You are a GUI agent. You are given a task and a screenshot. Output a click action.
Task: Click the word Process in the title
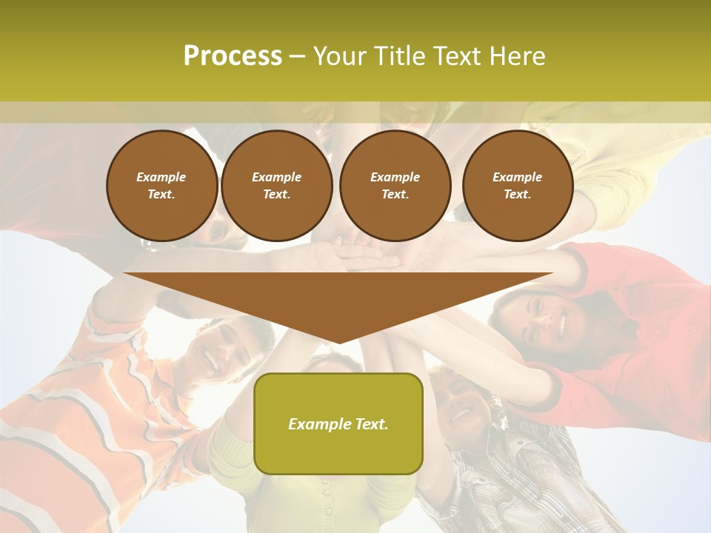click(233, 56)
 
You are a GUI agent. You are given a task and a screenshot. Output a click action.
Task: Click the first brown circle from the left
click(161, 186)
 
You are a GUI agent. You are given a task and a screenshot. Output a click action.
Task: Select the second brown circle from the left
click(276, 186)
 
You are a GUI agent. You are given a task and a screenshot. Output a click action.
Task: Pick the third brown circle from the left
click(395, 186)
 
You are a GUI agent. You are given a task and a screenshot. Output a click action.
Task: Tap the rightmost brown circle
click(517, 186)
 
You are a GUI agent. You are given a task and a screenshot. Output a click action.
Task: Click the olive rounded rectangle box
click(338, 423)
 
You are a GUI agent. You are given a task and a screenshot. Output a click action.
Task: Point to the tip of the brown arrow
click(338, 341)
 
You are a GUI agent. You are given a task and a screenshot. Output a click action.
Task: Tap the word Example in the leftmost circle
click(161, 177)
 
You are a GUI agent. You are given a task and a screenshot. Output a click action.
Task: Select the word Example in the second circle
click(276, 177)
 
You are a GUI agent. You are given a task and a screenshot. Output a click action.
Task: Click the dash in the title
click(297, 56)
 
